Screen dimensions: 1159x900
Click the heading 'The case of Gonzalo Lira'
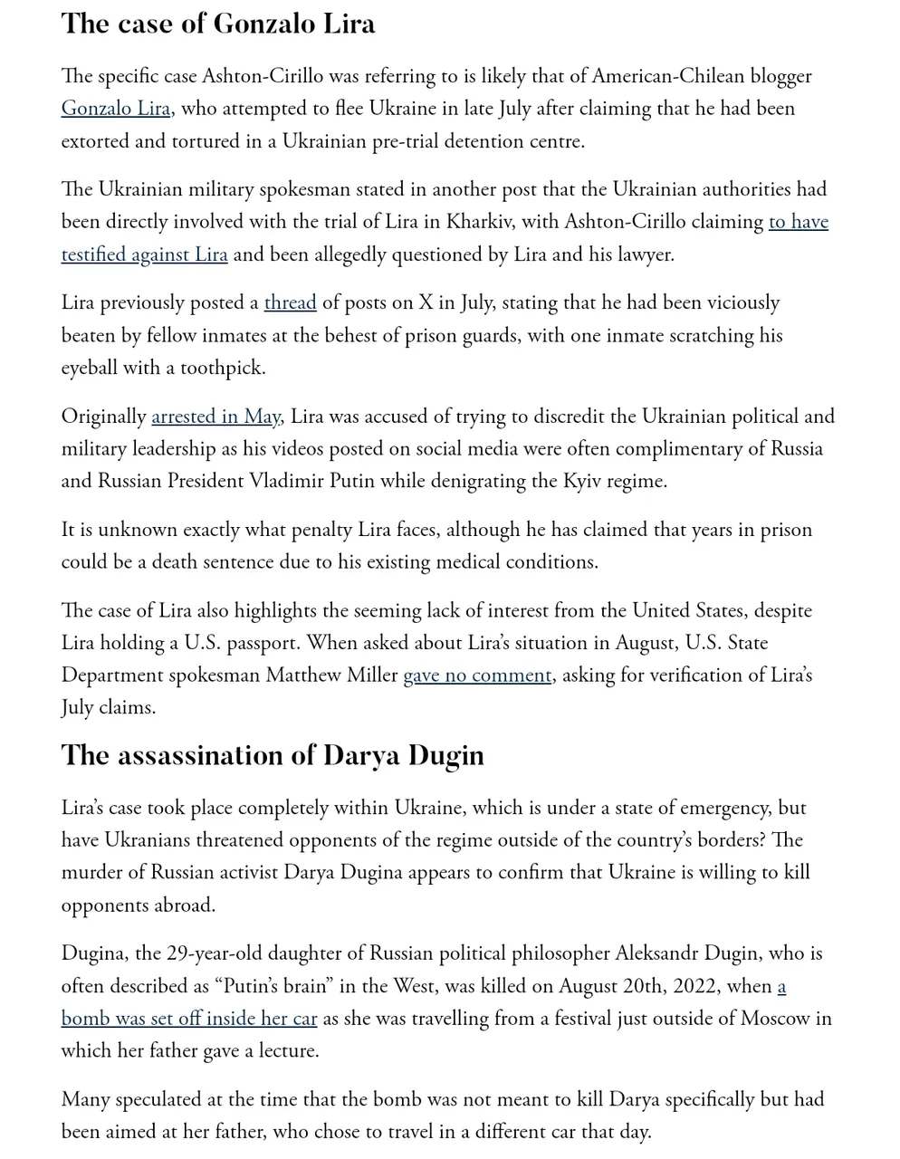coord(218,24)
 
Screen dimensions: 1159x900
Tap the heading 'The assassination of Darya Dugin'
coord(273,755)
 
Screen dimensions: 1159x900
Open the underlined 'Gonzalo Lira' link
coord(116,109)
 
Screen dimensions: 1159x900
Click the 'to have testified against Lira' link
coord(144,254)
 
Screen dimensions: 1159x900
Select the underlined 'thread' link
coord(290,302)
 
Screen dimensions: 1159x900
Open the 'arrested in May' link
coord(215,417)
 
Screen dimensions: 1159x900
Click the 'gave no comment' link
coord(477,675)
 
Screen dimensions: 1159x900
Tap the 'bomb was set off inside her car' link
coord(189,1019)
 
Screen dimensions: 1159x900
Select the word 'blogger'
coord(778,76)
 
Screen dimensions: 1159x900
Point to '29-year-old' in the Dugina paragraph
coord(220,953)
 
